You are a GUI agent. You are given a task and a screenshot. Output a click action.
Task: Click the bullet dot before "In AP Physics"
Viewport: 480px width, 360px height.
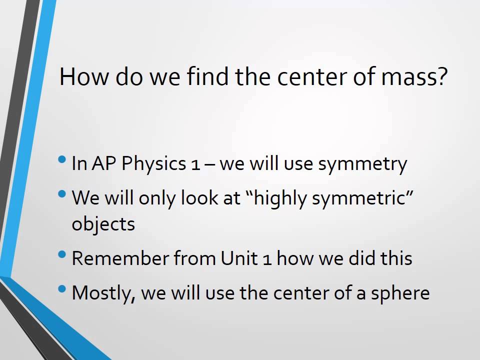click(x=62, y=160)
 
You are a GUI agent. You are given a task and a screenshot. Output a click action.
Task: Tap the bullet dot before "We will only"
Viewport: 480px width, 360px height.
click(x=62, y=194)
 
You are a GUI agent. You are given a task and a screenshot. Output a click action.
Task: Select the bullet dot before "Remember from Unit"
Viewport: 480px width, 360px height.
click(x=62, y=254)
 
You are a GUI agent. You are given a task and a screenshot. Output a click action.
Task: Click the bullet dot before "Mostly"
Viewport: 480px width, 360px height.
click(x=62, y=289)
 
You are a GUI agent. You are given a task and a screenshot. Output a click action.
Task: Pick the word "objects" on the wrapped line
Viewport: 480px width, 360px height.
click(x=103, y=223)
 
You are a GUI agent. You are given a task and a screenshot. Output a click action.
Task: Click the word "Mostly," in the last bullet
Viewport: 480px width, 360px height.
click(x=103, y=292)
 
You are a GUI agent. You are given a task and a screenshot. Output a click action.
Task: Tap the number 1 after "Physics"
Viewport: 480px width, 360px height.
click(x=195, y=164)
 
